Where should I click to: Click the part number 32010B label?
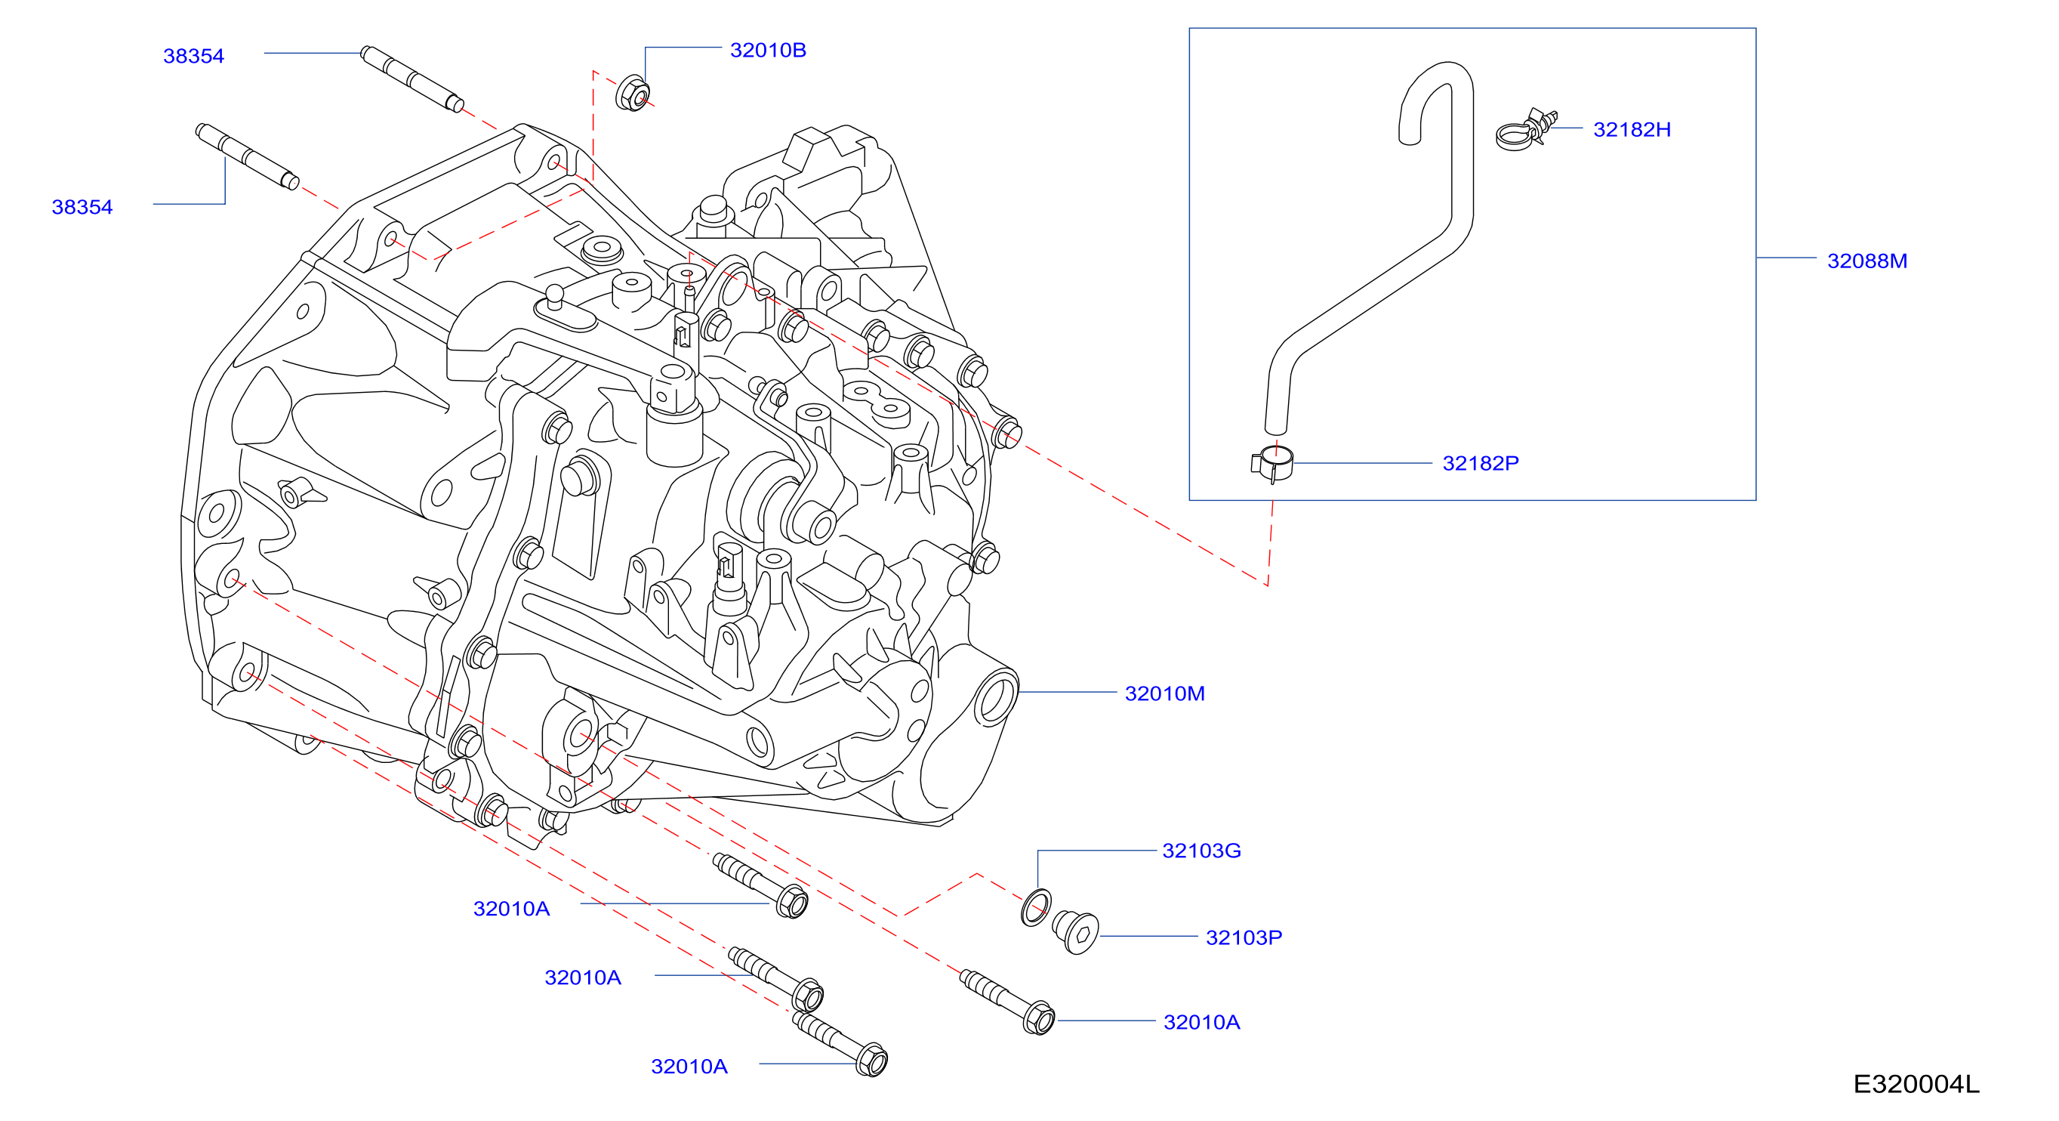click(767, 51)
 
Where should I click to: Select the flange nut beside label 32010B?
click(632, 94)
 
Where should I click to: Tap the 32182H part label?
click(1632, 129)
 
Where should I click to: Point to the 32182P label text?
click(1481, 463)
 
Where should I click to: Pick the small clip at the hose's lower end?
click(1271, 464)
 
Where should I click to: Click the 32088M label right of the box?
click(1867, 261)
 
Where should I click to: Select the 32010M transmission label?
click(1164, 693)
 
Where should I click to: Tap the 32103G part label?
click(1201, 851)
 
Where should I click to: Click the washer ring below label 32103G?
click(1036, 907)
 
